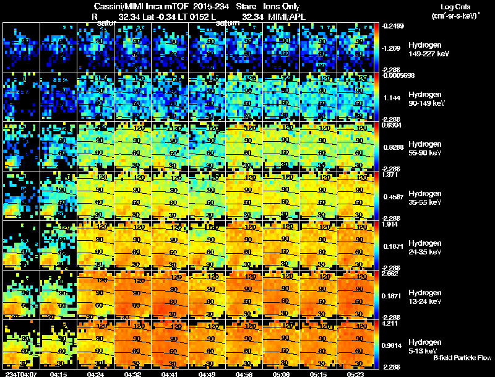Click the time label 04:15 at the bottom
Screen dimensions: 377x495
(x=58, y=374)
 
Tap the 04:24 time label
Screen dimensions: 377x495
(x=96, y=374)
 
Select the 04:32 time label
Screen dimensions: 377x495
(x=133, y=374)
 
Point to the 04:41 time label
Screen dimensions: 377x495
(x=170, y=374)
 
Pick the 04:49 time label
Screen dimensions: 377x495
(x=208, y=374)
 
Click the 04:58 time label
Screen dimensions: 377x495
(x=245, y=374)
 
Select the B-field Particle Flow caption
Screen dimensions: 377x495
(x=462, y=358)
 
